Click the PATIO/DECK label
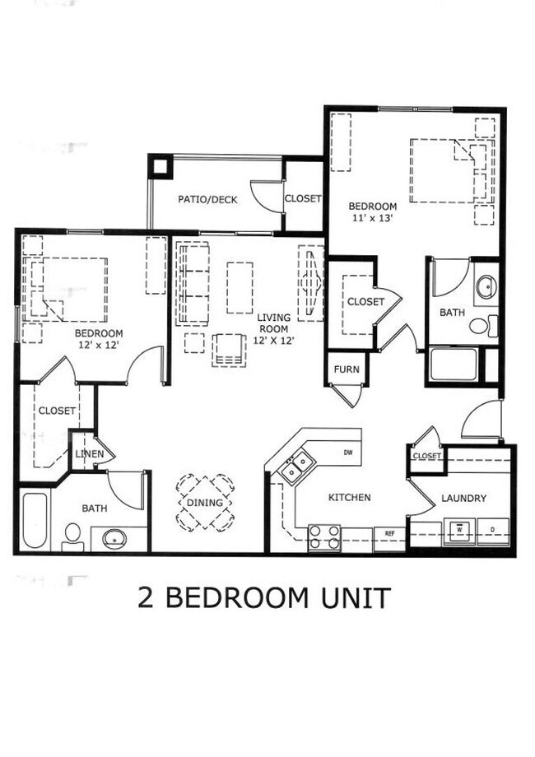[207, 199]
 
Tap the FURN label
[347, 369]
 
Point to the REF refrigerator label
[389, 533]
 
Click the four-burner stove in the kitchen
[324, 538]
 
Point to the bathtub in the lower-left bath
[35, 520]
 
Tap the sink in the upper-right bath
[486, 287]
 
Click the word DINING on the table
[205, 504]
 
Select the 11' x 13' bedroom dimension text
[373, 219]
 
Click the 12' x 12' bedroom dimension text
[99, 346]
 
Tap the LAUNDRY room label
[463, 498]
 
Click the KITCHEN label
[350, 498]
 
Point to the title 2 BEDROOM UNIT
[264, 598]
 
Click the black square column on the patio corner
[159, 165]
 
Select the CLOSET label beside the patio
[303, 199]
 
